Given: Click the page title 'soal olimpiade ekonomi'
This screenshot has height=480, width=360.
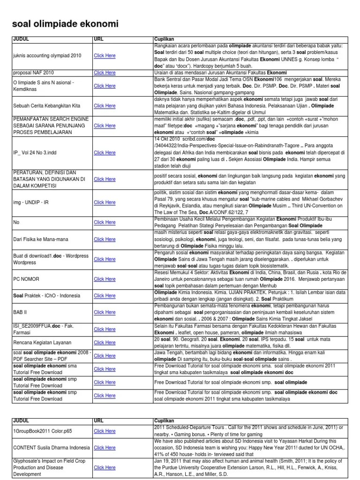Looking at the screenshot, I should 65,23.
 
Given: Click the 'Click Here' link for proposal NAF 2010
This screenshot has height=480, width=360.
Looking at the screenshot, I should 105,73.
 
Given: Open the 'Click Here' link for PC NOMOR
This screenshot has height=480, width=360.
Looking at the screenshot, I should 105,278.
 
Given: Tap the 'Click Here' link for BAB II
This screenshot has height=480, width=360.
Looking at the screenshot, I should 105,312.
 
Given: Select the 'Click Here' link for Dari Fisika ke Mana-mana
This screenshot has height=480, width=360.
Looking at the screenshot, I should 105,239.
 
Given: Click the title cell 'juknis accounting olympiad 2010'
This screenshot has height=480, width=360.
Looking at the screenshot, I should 47,55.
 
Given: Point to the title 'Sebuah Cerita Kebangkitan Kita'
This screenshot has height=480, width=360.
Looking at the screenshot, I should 46,106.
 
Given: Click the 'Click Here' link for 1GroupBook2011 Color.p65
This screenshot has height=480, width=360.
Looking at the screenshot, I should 105,431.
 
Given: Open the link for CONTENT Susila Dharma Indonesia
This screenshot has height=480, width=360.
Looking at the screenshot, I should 105,448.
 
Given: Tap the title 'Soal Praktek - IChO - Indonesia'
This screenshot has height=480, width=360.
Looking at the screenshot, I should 46,296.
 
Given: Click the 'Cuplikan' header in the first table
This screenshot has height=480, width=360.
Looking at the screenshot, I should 164,39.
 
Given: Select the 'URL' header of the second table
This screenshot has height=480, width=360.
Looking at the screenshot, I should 98,421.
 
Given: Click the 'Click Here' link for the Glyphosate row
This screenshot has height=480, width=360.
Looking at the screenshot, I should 105,467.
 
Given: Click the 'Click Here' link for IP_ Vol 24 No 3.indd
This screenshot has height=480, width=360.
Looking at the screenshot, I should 105,152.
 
